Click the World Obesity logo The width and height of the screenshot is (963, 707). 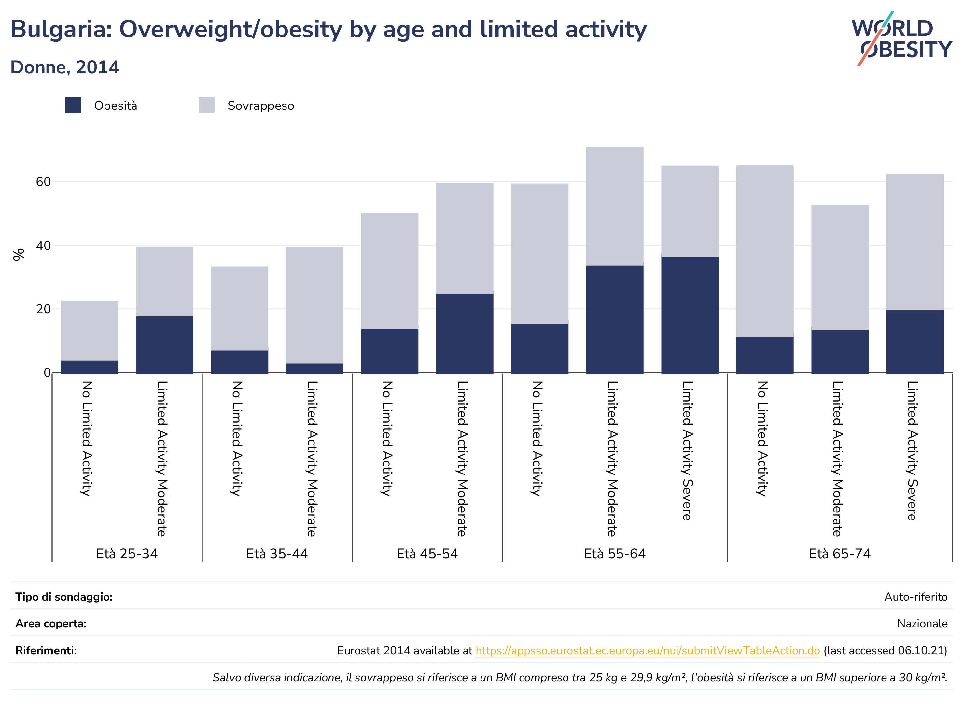tap(901, 38)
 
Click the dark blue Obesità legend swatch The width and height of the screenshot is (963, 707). tap(73, 105)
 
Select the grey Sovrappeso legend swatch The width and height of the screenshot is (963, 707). tap(207, 105)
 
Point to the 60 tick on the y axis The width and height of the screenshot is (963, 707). tap(43, 182)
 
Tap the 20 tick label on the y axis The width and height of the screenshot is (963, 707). tap(43, 309)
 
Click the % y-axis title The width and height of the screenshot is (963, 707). tap(19, 255)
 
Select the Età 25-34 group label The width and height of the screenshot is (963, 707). tap(127, 554)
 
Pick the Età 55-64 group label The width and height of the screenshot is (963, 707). tap(615, 554)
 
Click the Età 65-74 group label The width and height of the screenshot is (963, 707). tap(840, 554)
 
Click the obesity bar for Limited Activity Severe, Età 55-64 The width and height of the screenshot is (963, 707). tap(690, 315)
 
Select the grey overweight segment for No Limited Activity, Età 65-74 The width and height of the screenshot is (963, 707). tap(764, 251)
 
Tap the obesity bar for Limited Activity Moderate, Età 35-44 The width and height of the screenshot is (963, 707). tap(314, 368)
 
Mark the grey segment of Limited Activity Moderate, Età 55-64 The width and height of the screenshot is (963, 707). tap(615, 206)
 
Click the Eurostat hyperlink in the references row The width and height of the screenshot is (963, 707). tap(648, 651)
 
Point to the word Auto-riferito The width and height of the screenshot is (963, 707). tap(916, 597)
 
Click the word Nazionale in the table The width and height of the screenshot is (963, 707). tap(922, 624)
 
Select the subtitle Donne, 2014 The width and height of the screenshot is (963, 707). tap(64, 67)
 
